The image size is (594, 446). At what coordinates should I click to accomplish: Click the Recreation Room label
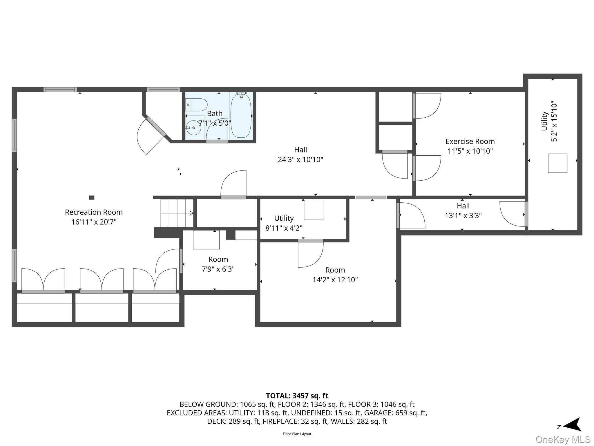(94, 212)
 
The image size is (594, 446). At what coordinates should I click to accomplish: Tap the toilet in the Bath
(196, 105)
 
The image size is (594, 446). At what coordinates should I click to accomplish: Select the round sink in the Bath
(193, 128)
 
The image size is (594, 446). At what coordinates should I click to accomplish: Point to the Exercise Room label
(470, 141)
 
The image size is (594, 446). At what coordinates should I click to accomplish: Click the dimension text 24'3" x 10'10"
(300, 159)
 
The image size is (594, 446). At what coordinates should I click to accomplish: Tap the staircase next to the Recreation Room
(177, 213)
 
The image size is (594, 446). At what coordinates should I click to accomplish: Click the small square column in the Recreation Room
(92, 197)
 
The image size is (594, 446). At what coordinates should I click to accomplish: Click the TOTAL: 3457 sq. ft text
(297, 396)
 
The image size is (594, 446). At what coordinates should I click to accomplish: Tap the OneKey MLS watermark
(563, 440)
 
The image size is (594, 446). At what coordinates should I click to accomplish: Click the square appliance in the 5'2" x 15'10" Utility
(557, 163)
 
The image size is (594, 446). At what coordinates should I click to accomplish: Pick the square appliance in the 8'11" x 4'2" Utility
(314, 210)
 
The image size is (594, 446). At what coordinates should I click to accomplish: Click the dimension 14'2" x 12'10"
(335, 280)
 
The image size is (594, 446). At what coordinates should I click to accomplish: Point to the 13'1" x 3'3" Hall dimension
(463, 215)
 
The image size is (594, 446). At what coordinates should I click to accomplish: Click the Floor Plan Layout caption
(297, 434)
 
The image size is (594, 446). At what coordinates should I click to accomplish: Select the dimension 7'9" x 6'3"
(218, 269)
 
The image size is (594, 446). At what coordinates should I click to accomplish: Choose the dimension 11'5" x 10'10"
(470, 151)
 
